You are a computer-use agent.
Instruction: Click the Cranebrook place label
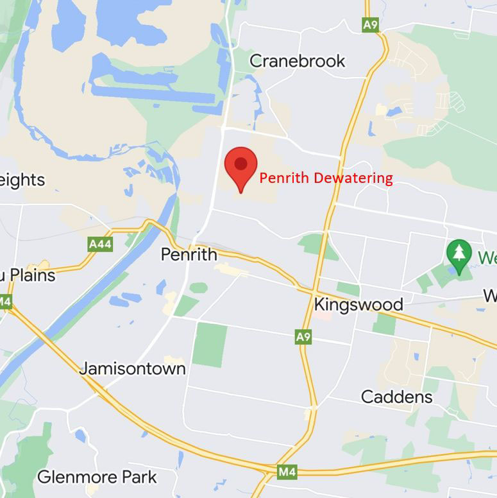click(x=297, y=61)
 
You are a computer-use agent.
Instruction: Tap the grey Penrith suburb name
click(x=189, y=255)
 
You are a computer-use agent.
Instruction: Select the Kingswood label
click(x=358, y=304)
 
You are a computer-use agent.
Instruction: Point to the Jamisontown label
click(x=133, y=368)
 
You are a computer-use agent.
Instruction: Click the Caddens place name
click(x=397, y=397)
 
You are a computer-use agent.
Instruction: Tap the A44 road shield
click(x=99, y=244)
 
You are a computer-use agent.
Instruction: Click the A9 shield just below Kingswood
click(x=303, y=336)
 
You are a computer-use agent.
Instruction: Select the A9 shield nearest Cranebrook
click(x=370, y=25)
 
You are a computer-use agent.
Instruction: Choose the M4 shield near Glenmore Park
click(x=287, y=473)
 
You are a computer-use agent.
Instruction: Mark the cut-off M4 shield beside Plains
click(x=5, y=302)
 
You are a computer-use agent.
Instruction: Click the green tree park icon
click(x=459, y=253)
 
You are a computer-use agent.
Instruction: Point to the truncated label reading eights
click(x=22, y=180)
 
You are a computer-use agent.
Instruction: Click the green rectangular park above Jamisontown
click(x=210, y=345)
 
